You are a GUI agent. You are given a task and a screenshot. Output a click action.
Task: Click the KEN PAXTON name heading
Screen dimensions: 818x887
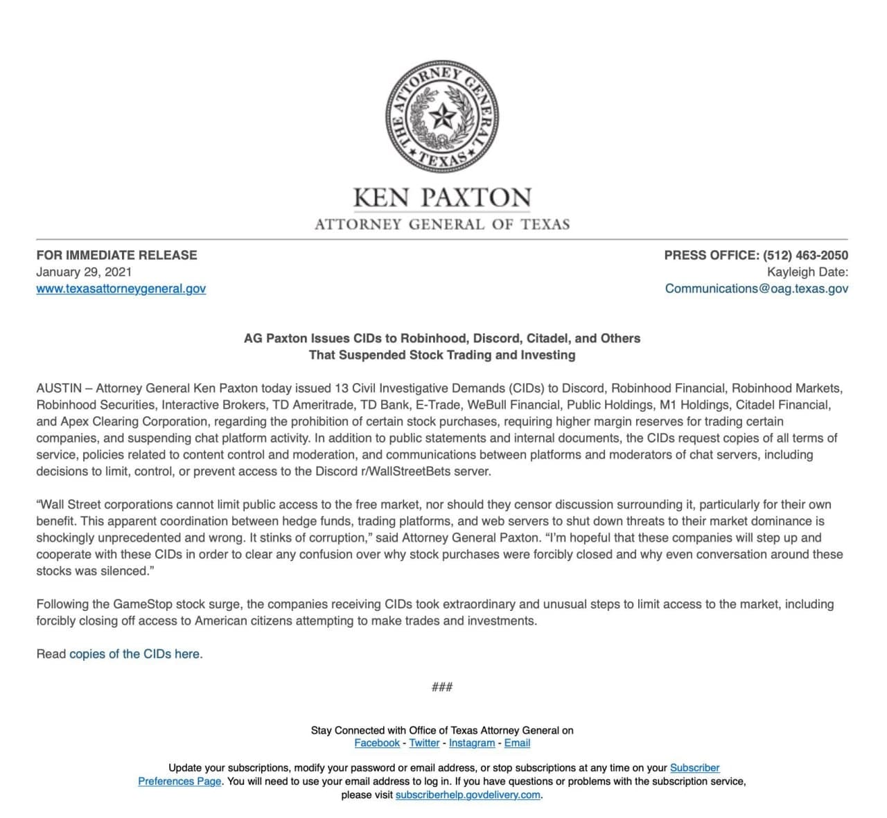(x=442, y=197)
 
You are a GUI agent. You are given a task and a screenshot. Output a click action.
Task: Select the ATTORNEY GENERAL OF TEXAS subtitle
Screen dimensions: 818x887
(x=442, y=224)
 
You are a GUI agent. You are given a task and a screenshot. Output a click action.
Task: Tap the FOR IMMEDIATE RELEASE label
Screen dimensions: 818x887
(x=116, y=255)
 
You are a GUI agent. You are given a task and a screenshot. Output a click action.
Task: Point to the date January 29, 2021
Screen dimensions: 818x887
(x=84, y=272)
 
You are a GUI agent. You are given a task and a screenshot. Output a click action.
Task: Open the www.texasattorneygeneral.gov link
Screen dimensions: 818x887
(x=121, y=288)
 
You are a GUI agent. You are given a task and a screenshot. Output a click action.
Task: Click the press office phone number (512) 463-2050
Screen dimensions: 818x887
(x=805, y=255)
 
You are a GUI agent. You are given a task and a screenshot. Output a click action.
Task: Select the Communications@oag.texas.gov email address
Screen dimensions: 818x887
(x=756, y=288)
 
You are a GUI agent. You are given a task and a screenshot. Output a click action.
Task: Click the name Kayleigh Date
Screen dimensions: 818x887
(x=807, y=272)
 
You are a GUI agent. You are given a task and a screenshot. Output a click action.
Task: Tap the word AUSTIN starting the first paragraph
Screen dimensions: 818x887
(x=59, y=388)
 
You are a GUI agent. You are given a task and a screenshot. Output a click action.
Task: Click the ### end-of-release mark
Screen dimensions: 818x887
(x=442, y=687)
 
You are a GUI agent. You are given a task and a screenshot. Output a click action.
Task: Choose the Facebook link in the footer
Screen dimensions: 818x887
(x=377, y=743)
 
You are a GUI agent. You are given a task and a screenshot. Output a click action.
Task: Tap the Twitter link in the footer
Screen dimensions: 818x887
(x=424, y=743)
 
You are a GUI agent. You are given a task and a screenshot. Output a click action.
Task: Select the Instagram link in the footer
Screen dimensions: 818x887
(x=472, y=743)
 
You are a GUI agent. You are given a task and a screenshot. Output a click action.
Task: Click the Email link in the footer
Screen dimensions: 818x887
(x=517, y=743)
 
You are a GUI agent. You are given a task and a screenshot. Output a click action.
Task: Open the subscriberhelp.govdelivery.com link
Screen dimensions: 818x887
(x=468, y=794)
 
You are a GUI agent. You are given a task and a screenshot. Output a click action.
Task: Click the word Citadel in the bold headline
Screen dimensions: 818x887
(x=547, y=338)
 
